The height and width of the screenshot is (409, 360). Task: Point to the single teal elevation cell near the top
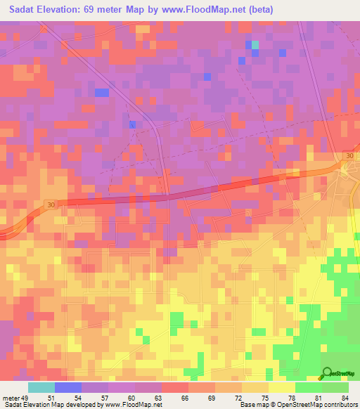pos(255,45)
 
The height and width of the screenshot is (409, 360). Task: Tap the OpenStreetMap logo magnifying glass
pos(326,375)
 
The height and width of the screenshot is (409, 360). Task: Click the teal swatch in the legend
pos(41,387)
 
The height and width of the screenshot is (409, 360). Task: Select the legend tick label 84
pos(344,398)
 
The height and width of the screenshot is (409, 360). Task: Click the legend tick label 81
pos(318,398)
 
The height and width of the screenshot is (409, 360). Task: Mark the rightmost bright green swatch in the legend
pos(335,387)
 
